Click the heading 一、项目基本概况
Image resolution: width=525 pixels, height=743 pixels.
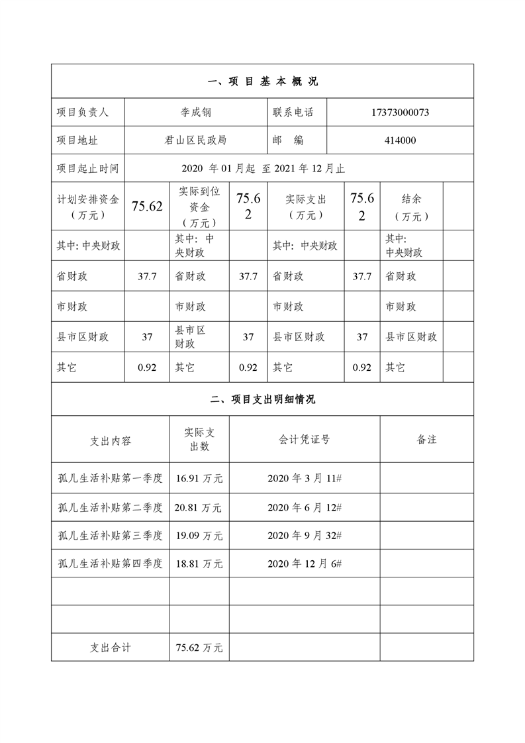point(263,81)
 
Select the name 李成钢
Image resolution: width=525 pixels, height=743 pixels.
point(197,113)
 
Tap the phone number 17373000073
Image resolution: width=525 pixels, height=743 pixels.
point(400,113)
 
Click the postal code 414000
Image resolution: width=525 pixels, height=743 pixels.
point(400,140)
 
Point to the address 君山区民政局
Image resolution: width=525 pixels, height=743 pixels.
point(196,140)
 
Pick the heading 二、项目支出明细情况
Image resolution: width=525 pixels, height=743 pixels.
point(263,399)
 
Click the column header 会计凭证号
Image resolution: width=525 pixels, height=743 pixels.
point(305,439)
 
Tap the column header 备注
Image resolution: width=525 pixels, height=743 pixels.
point(426,439)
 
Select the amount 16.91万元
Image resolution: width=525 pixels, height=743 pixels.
point(199,478)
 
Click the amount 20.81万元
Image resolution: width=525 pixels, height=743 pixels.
point(199,508)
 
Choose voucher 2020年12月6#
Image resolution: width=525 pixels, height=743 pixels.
point(305,564)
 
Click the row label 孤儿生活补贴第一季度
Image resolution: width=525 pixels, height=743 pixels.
point(110,478)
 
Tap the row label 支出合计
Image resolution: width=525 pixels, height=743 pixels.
point(110,647)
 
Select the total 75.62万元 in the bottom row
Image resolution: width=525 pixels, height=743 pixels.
point(199,647)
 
